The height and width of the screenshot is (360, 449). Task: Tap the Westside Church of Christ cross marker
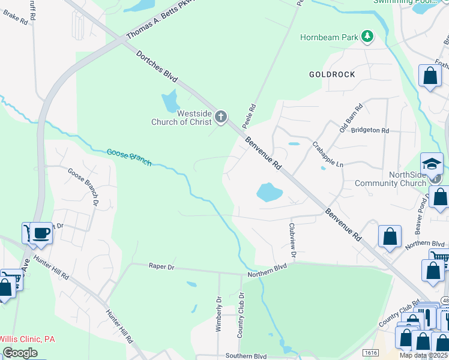(221, 116)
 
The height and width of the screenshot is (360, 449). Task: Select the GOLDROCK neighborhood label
(332, 74)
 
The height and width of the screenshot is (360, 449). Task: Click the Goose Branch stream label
(129, 157)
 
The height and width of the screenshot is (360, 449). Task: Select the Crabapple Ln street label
(328, 155)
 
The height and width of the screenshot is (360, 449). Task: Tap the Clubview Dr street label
(293, 241)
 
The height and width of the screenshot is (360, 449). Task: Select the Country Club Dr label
(241, 314)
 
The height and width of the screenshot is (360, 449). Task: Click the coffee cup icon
(41, 233)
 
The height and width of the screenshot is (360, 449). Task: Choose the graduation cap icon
(432, 163)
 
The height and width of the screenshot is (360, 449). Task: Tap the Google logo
(20, 353)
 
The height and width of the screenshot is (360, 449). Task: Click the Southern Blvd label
(246, 356)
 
